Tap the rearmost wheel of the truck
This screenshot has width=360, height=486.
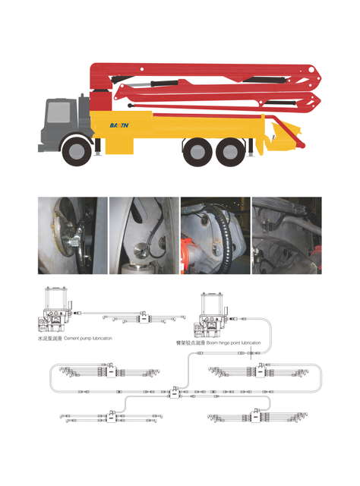(x=230, y=150)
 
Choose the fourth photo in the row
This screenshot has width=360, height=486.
(x=286, y=235)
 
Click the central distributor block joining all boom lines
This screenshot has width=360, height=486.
(x=175, y=392)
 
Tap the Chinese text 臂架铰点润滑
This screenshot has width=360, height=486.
(x=190, y=343)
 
